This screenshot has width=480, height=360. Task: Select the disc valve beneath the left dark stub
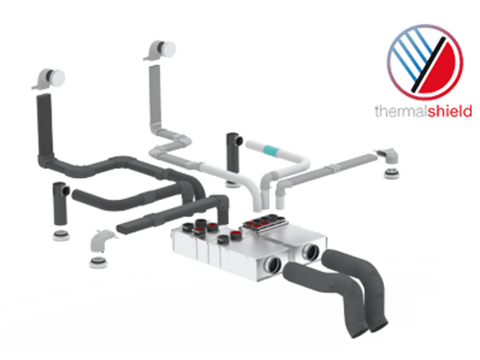pyautogui.click(x=60, y=235)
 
